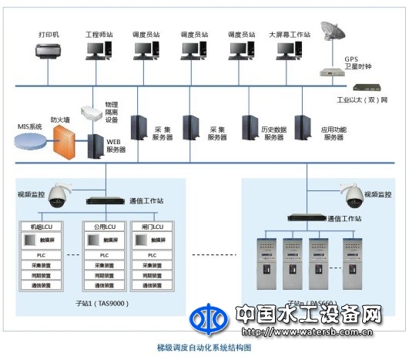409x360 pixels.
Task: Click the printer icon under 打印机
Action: pos(48,52)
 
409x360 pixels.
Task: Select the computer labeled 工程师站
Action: pos(97,51)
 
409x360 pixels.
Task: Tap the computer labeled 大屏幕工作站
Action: pos(287,51)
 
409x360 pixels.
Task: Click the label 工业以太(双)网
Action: pos(361,100)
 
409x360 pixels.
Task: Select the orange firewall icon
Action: pos(67,142)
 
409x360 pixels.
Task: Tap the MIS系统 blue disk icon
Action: pos(31,141)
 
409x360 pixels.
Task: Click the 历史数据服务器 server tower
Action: pos(250,127)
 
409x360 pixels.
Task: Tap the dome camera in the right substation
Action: pos(351,195)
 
